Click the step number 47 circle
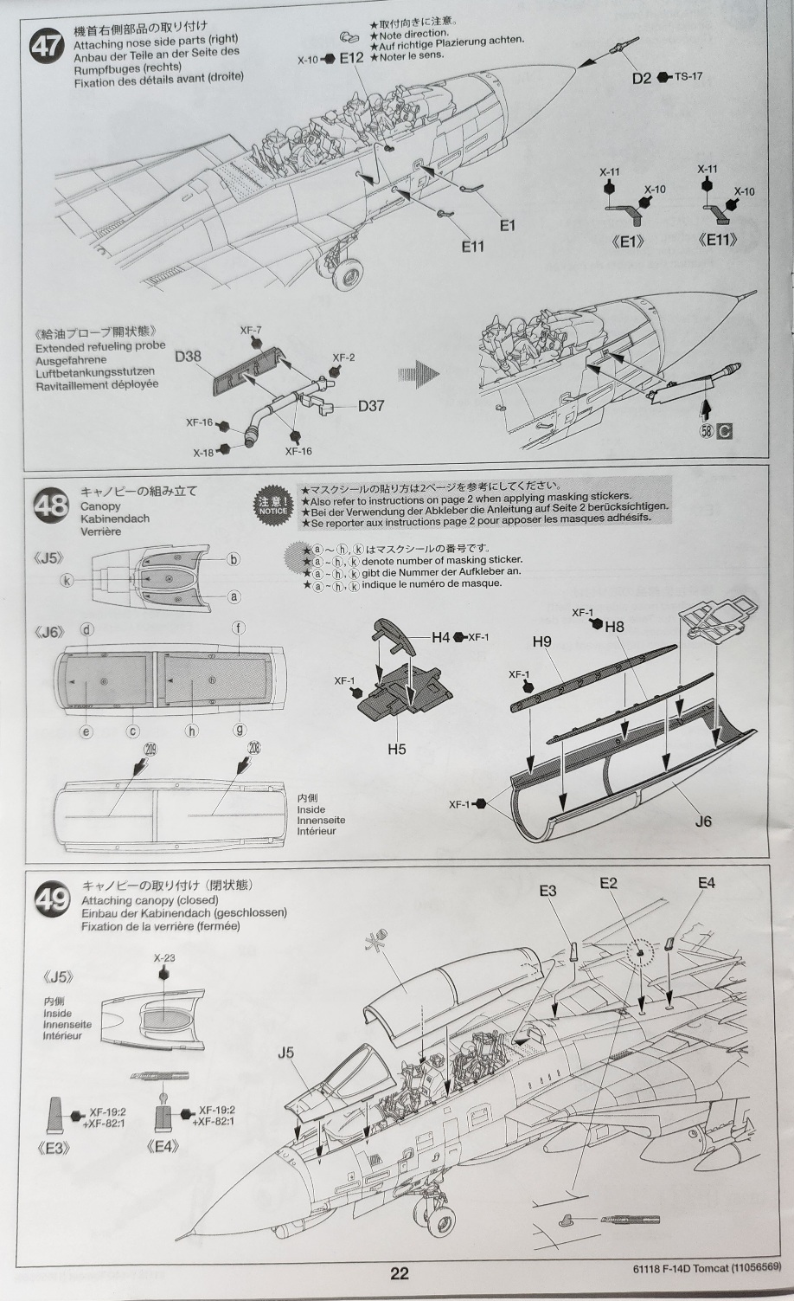tap(47, 45)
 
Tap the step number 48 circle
tap(52, 504)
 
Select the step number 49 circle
tap(52, 900)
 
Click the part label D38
tap(188, 356)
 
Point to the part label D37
tap(371, 405)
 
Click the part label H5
tap(396, 749)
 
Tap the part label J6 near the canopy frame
tap(703, 821)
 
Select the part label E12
tap(351, 58)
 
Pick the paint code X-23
tap(163, 958)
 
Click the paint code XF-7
tap(251, 331)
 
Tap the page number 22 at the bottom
tap(399, 1272)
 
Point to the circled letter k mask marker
tap(67, 581)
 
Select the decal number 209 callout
tap(151, 749)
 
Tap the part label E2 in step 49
tap(608, 883)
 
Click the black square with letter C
tap(725, 430)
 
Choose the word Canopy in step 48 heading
tap(100, 506)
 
